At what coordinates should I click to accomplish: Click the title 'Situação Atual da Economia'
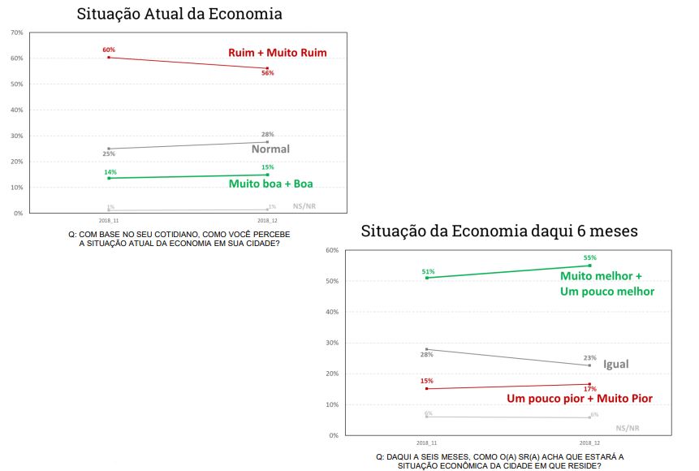click(179, 14)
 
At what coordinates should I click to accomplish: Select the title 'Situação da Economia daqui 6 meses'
click(499, 231)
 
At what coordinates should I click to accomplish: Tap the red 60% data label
click(109, 50)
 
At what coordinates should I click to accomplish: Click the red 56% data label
click(267, 73)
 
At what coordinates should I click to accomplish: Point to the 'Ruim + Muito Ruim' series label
click(277, 53)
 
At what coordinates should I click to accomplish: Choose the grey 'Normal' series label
click(270, 149)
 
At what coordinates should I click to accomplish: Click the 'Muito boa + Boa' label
click(270, 184)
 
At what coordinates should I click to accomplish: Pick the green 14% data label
click(110, 172)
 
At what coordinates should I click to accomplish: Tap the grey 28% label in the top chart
click(267, 134)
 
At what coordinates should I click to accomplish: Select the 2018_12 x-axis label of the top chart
click(267, 220)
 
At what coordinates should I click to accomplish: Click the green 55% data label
click(589, 258)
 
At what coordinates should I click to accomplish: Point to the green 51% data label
click(428, 271)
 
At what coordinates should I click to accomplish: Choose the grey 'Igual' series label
click(615, 364)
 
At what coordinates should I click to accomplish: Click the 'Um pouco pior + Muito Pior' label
click(580, 398)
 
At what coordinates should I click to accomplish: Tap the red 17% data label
click(589, 390)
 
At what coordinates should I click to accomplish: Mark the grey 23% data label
click(589, 358)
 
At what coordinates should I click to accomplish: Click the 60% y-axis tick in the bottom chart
click(331, 250)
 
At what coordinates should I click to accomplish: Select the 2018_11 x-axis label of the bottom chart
click(427, 443)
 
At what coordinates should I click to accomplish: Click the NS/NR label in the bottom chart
click(628, 427)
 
